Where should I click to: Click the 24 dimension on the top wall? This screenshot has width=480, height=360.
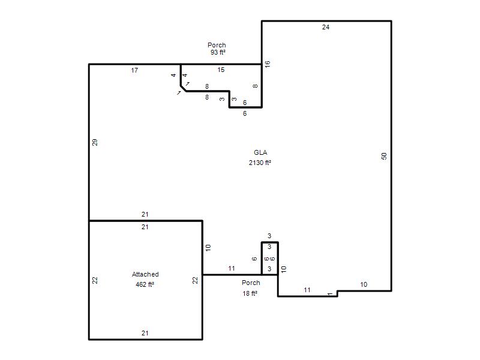click(326, 27)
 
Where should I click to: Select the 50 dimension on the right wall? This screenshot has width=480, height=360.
click(384, 156)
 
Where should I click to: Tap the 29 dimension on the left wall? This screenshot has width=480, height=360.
click(95, 142)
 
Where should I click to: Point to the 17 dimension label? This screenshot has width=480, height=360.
click(134, 70)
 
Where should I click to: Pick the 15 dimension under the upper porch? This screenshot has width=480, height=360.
click(221, 70)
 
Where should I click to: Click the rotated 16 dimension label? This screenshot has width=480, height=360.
click(268, 64)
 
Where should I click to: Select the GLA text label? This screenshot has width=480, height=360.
click(260, 152)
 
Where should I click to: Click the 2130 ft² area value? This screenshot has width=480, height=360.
click(260, 163)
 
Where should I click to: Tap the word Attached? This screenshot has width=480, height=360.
click(145, 274)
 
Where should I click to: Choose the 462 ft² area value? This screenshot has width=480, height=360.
click(145, 284)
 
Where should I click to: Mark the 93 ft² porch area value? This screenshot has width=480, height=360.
click(218, 52)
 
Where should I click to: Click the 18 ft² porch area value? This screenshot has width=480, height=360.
click(250, 293)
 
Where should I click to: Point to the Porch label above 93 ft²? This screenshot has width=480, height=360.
click(217, 45)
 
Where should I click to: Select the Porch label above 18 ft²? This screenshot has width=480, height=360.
click(251, 283)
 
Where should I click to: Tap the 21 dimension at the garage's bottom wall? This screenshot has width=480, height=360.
click(145, 333)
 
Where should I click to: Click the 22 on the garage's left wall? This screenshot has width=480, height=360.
click(95, 280)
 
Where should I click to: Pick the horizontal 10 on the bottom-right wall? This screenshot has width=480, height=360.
click(364, 284)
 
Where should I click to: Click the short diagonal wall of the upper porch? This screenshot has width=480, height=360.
click(184, 88)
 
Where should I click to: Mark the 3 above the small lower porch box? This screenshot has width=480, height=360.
click(269, 236)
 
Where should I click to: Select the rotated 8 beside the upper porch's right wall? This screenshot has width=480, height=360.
click(256, 86)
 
